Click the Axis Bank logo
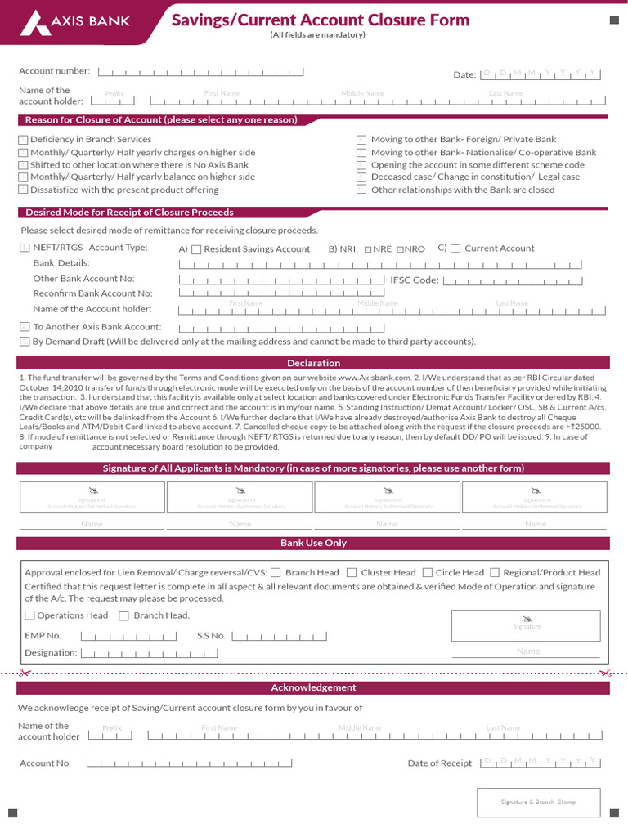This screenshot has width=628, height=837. pyautogui.click(x=78, y=20)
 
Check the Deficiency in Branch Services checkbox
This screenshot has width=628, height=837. pyautogui.click(x=23, y=140)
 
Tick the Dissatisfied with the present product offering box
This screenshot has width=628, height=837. pyautogui.click(x=23, y=190)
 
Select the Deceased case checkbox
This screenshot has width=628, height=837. pyautogui.click(x=361, y=177)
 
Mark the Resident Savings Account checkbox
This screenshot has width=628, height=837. pyautogui.click(x=196, y=249)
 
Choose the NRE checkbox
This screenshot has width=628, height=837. pyautogui.click(x=368, y=249)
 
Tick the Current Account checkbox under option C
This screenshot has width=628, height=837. pyautogui.click(x=455, y=248)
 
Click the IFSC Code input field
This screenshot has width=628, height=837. pyautogui.click(x=513, y=280)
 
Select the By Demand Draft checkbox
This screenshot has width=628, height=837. pyautogui.click(x=25, y=342)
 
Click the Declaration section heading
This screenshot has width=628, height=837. pyautogui.click(x=313, y=363)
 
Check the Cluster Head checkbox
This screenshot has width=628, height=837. pyautogui.click(x=351, y=573)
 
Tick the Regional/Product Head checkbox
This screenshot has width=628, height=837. pyautogui.click(x=495, y=573)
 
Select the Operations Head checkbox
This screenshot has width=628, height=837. pyautogui.click(x=29, y=615)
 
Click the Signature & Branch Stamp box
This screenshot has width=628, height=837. pyautogui.click(x=538, y=802)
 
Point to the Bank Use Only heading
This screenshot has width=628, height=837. pyautogui.click(x=313, y=543)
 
